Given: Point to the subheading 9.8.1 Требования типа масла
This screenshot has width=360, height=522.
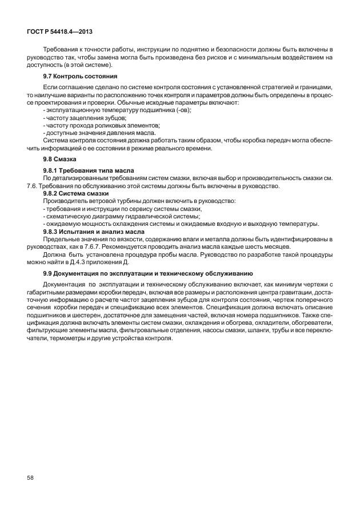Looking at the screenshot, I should click(89, 170).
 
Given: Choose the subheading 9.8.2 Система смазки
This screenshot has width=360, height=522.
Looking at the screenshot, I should click(76, 194).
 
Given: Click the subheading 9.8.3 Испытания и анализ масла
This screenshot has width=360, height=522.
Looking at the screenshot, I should click(94, 231).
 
